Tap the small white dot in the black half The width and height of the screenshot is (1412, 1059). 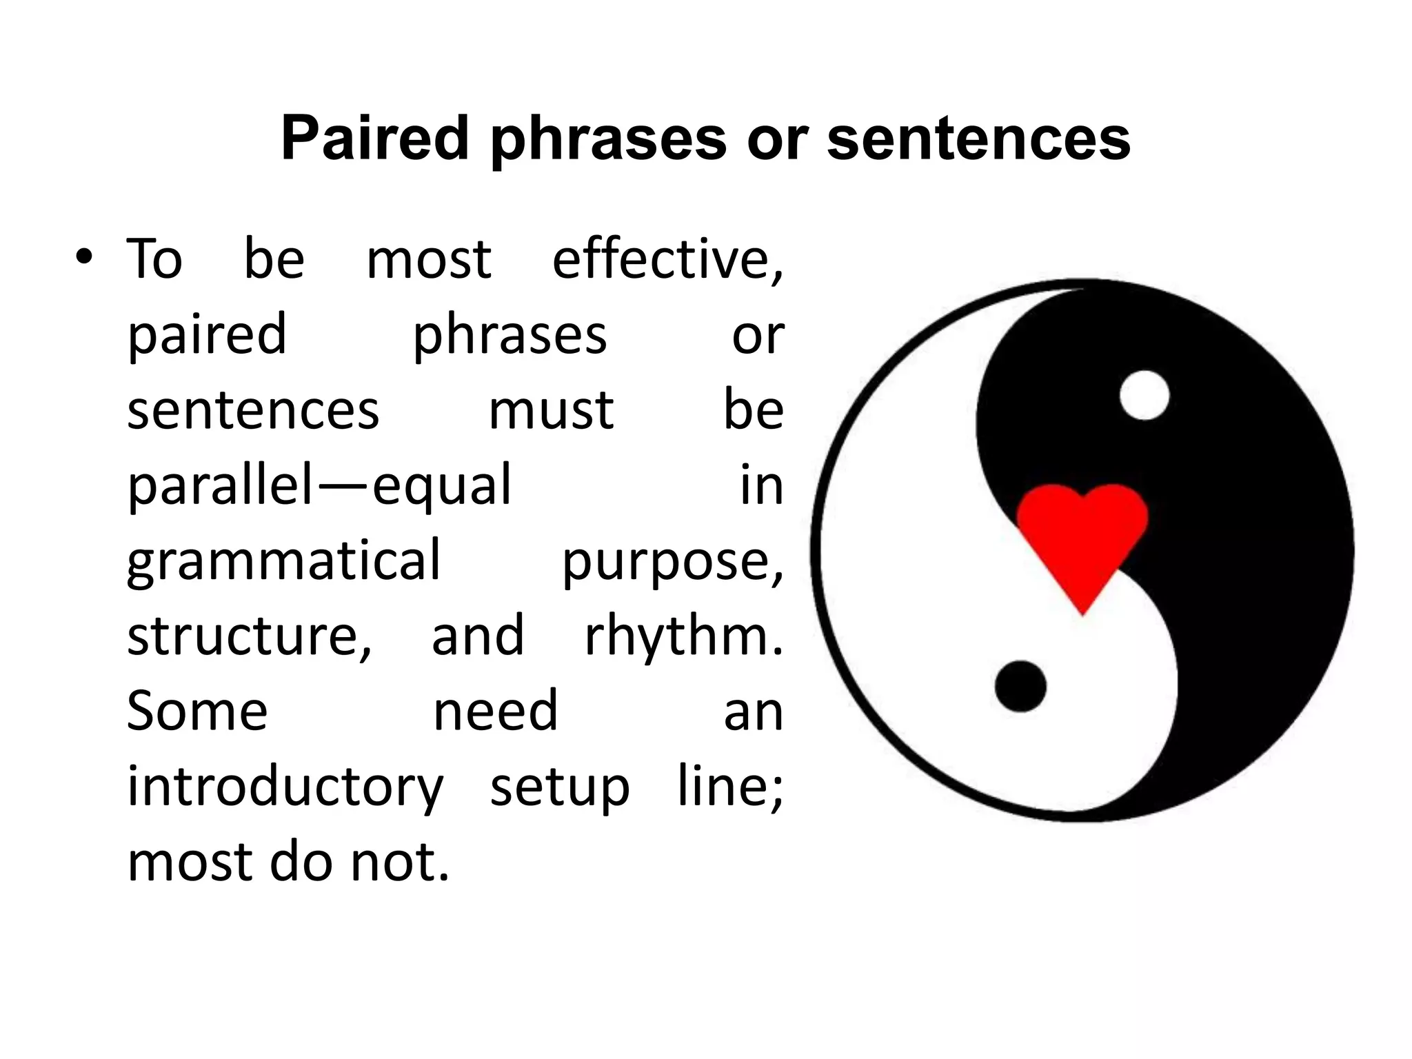(1144, 395)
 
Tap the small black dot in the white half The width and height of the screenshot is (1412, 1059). (1020, 686)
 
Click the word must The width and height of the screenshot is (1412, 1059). (551, 410)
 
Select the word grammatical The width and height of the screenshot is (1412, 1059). (283, 561)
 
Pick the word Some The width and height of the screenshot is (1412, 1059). (197, 712)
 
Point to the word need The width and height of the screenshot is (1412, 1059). (495, 712)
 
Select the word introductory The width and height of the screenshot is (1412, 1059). (285, 787)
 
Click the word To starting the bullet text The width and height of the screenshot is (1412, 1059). (155, 260)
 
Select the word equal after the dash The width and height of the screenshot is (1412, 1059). (442, 486)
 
